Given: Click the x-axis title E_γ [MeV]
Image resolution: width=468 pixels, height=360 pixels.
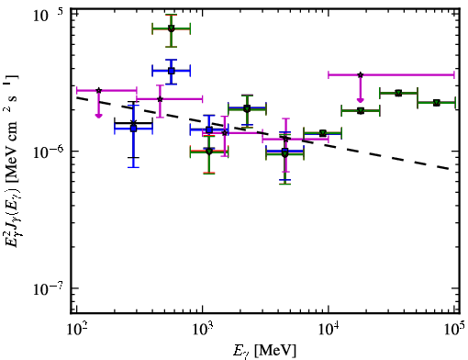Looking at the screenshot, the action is coord(264,351).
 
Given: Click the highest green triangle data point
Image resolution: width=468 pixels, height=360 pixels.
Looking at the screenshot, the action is coord(172,28).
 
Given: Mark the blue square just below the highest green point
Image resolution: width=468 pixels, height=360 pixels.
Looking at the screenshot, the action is coord(172,71).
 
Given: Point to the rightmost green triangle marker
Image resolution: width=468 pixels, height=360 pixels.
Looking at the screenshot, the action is coord(437,103).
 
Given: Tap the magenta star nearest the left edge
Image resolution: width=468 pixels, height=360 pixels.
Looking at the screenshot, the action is coord(98,90).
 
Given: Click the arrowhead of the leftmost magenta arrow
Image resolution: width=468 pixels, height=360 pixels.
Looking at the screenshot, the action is coord(98,116).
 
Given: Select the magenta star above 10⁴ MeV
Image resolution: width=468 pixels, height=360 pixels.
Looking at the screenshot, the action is coord(361,74).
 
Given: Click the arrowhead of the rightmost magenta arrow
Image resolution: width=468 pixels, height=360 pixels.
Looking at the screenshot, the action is coord(361,100).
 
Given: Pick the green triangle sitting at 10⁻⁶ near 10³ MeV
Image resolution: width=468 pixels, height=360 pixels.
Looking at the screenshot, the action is coord(209,152).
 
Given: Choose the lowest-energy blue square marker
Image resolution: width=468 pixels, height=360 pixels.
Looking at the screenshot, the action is coord(133,129).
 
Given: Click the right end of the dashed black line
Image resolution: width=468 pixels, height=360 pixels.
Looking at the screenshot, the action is coord(449,168).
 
